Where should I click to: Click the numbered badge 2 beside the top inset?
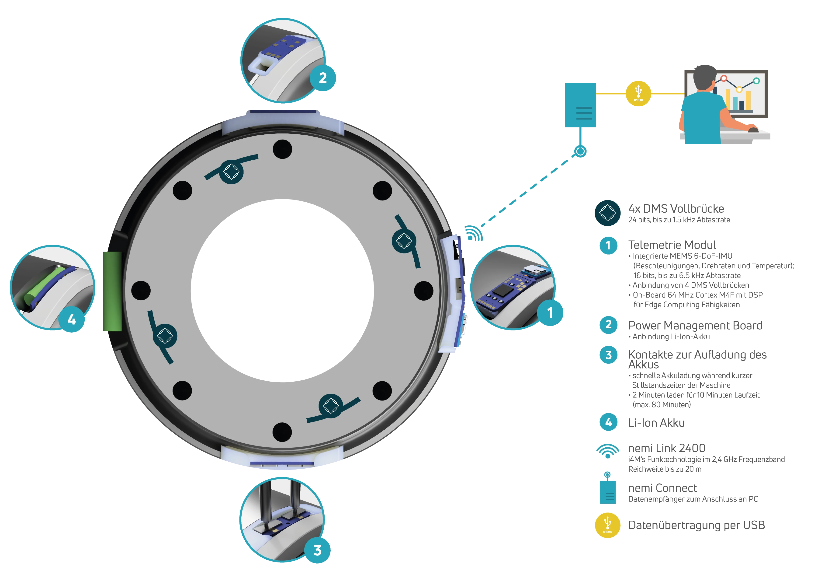[323, 78]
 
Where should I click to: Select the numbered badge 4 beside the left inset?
[72, 319]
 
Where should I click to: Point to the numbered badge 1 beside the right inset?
[550, 313]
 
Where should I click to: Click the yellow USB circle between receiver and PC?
[638, 93]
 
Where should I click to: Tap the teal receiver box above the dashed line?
[580, 105]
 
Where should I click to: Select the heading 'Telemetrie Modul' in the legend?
[672, 245]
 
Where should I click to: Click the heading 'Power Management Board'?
[695, 326]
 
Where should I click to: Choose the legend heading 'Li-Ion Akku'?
[656, 423]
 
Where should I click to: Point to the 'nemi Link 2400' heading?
[667, 448]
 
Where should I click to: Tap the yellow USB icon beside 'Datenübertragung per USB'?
[608, 525]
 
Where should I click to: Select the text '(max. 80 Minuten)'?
[662, 405]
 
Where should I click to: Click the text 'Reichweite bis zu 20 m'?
[665, 469]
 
